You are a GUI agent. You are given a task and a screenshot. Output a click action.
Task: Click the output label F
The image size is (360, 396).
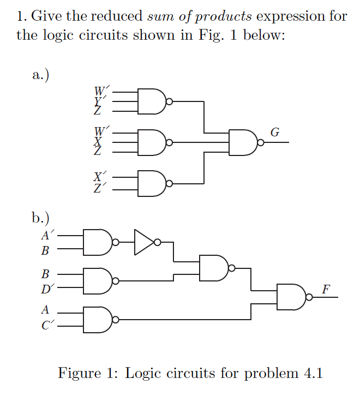(x=326, y=289)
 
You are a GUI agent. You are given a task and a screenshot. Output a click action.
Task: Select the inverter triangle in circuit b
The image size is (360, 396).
(x=144, y=242)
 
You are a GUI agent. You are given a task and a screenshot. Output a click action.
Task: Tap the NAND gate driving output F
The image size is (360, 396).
(x=291, y=297)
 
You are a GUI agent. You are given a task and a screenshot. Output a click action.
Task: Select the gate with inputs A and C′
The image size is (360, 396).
(x=97, y=319)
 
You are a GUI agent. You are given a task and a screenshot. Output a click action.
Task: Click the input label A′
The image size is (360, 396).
(x=47, y=236)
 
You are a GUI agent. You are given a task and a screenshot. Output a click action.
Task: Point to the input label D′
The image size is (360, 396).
(x=47, y=289)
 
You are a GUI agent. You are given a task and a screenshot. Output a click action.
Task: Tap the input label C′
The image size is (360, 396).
(x=47, y=327)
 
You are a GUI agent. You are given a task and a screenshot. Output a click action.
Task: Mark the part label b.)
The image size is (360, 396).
(x=41, y=219)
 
